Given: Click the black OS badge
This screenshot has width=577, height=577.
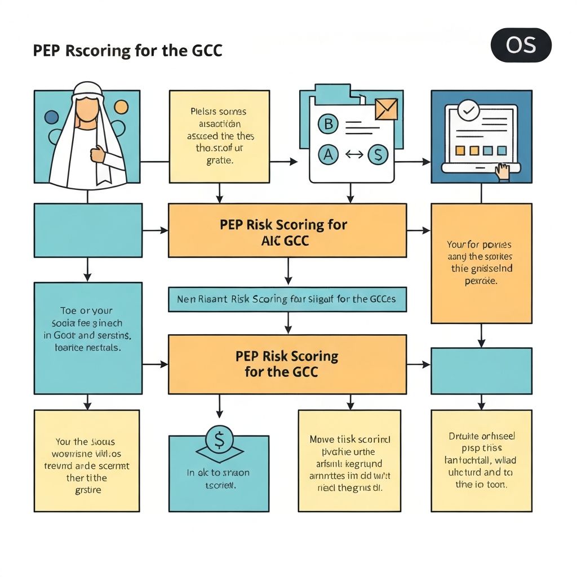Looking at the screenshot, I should pos(521,45).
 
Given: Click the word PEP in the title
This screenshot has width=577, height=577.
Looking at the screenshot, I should pos(47,51).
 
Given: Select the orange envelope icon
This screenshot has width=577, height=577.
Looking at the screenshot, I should pos(386,109).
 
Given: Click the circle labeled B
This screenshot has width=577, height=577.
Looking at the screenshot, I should pos(328,125).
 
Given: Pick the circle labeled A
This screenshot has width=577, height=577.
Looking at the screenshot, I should pos(328,154).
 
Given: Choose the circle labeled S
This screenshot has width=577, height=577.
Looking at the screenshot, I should pos(378,154).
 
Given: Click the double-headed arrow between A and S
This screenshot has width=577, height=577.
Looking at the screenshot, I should pos(353,154).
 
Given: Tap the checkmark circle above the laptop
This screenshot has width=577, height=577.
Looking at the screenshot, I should pos(467,110).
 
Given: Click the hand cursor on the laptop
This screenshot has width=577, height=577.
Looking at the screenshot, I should pos(501,171).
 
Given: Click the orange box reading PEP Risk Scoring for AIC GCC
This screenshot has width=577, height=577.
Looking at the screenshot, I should pos(287,231).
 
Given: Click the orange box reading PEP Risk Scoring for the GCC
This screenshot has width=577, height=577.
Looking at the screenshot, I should pos(287,364).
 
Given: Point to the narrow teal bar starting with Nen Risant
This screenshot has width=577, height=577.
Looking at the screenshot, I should pos(287,299).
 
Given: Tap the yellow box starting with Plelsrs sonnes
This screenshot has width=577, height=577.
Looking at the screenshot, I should pos(219,136).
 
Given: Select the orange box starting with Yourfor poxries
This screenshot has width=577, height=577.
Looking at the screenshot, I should pos(481,263).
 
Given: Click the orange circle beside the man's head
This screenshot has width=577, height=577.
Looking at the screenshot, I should pos(121,107).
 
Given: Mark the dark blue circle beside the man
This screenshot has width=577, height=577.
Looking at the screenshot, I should pos(51,117).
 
